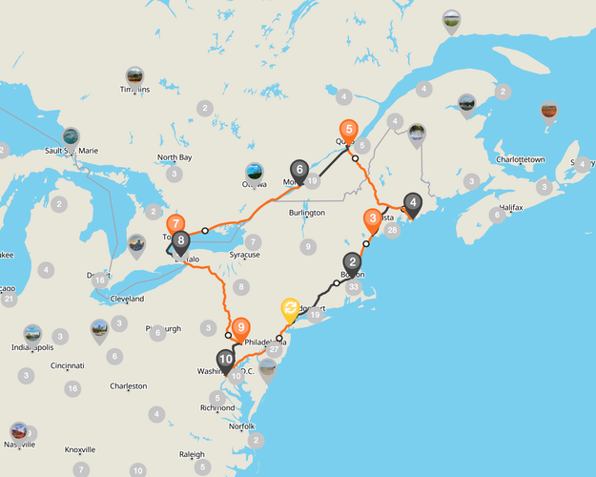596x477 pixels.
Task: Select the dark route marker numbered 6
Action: point(299,172)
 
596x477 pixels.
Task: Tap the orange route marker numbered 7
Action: point(175,226)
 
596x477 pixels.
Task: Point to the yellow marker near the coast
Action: point(290,309)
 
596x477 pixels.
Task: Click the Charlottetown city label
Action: point(525,159)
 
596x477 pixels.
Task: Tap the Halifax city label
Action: point(511,207)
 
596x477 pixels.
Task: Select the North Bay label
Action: point(175,157)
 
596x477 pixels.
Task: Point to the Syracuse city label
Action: point(244,256)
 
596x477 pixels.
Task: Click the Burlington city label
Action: point(306,213)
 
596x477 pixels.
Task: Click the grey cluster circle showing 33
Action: point(355,286)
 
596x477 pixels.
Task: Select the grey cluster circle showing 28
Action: point(392,230)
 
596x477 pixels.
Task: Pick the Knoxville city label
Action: point(79,449)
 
